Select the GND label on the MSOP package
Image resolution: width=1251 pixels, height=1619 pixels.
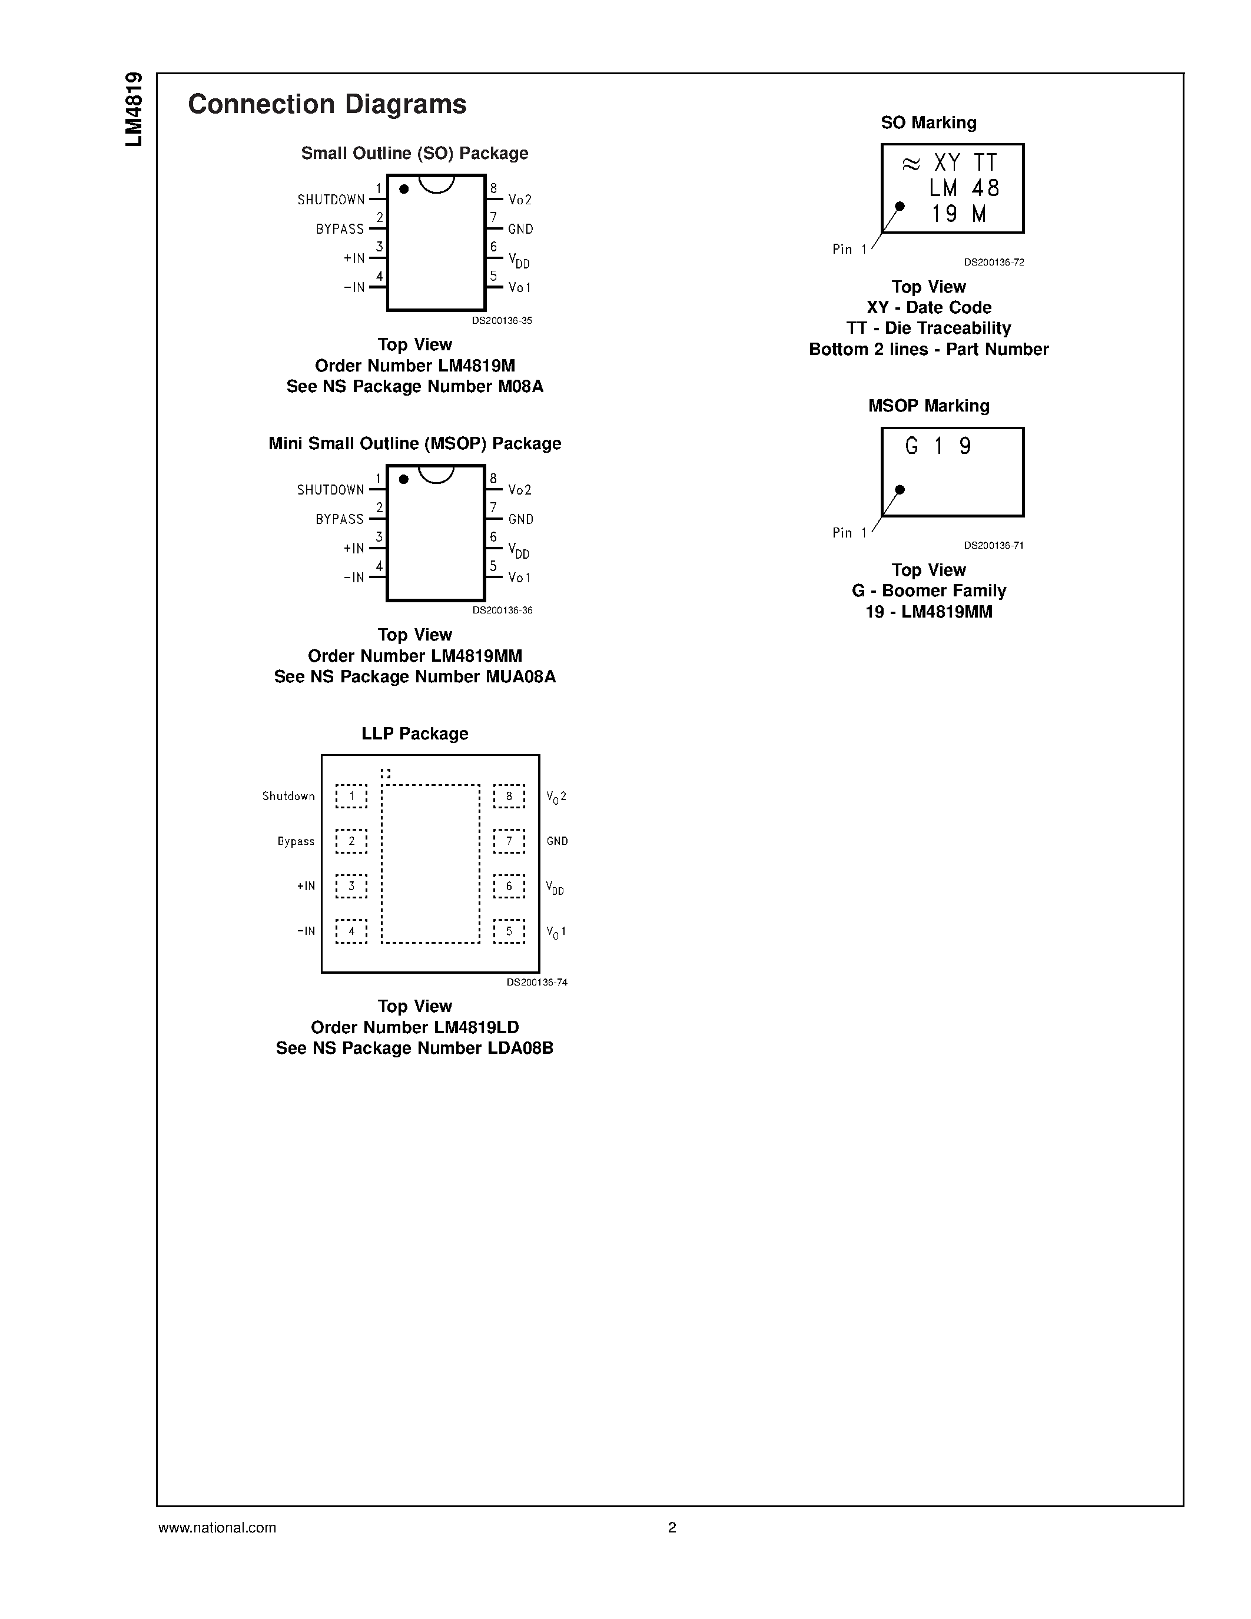(520, 519)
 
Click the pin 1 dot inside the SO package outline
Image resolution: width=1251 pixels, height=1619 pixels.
(404, 189)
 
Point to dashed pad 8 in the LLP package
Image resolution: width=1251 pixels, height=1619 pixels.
(509, 796)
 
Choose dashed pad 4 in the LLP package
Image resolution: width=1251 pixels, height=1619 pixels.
(351, 931)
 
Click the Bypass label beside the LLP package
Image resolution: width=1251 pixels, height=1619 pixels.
(296, 841)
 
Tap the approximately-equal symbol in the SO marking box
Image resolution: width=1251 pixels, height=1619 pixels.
(911, 164)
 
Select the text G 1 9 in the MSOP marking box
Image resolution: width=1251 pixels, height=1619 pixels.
(937, 446)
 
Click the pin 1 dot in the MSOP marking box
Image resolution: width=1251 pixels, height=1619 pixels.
(900, 489)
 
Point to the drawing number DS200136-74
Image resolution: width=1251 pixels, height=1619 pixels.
(536, 982)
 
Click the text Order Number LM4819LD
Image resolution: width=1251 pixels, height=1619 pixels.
(414, 1027)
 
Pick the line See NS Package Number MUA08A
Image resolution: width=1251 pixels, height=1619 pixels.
(414, 677)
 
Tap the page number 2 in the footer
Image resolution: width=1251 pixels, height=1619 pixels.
(672, 1527)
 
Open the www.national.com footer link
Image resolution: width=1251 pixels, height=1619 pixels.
(217, 1527)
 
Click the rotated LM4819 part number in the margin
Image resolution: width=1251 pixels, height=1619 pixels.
(134, 110)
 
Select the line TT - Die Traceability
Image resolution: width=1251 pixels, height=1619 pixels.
(928, 329)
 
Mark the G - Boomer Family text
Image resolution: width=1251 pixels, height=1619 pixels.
(928, 591)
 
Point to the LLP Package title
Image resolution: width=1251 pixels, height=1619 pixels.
(414, 734)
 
